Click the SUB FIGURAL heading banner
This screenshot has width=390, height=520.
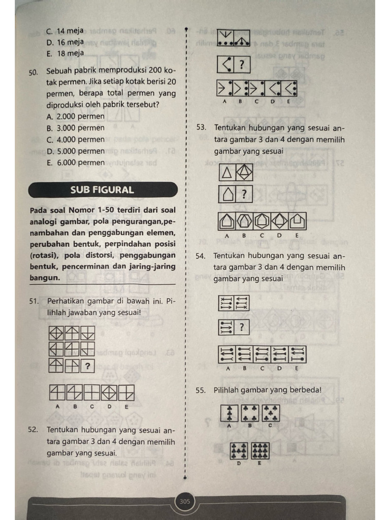103,190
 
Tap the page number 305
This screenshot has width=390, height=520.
185,502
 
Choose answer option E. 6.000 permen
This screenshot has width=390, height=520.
75,162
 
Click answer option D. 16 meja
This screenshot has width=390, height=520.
65,42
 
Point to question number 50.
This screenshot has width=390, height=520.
34,73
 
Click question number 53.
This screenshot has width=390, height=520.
202,127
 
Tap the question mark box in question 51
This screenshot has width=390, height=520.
88,365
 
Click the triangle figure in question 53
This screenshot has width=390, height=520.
227,173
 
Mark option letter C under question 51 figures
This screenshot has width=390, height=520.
92,406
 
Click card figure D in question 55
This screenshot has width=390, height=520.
239,450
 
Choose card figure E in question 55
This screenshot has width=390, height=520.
260,450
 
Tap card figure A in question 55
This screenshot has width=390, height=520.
229,413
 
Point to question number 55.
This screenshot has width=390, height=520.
201,390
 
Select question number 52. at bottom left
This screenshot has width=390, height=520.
34,430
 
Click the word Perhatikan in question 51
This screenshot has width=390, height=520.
66,301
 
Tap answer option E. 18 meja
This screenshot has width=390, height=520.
65,53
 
